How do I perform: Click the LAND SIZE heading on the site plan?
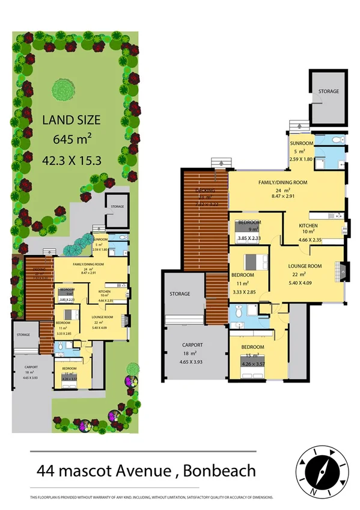(x=71, y=119)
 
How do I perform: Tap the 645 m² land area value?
(x=72, y=140)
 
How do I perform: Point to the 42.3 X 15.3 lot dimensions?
(x=72, y=160)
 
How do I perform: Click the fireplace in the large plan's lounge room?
(x=343, y=270)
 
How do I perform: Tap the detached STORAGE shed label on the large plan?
(x=328, y=91)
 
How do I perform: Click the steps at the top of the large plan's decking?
(x=221, y=163)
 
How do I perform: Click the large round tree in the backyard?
(x=64, y=90)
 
